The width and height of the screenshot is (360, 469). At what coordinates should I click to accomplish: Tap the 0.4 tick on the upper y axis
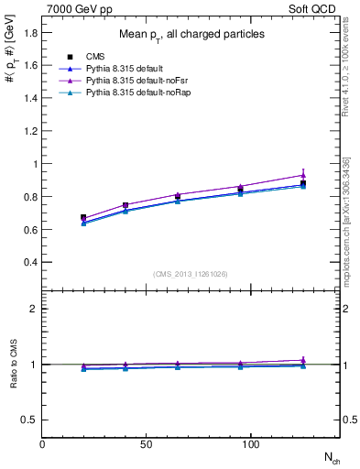(31, 262)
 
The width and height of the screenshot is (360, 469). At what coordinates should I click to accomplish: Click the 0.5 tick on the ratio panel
(31, 420)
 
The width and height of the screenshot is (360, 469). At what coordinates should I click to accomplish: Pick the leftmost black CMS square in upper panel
(84, 218)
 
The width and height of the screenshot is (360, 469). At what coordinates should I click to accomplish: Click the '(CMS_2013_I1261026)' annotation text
(191, 273)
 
